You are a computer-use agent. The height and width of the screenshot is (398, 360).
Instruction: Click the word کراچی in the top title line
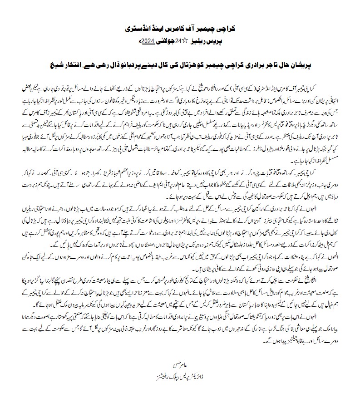click(x=227, y=28)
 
